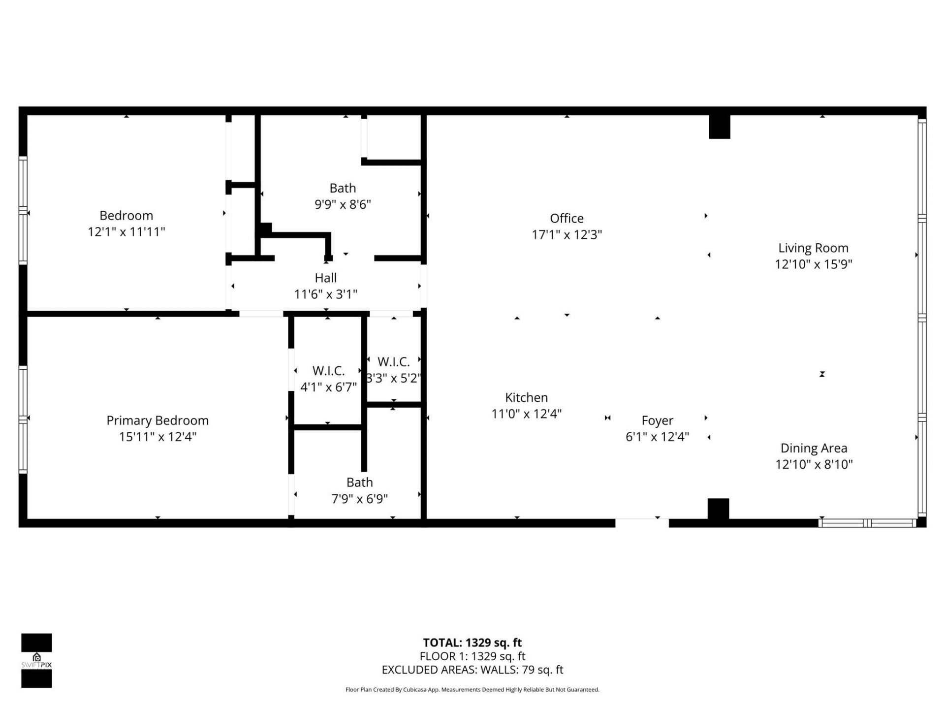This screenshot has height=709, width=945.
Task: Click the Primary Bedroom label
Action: pyautogui.click(x=157, y=420)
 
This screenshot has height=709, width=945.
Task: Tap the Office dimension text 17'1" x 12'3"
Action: pyautogui.click(x=567, y=235)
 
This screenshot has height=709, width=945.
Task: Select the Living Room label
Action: pyautogui.click(x=813, y=248)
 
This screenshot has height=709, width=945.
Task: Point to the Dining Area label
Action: pyautogui.click(x=814, y=448)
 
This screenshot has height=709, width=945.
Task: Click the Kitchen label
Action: pyautogui.click(x=526, y=397)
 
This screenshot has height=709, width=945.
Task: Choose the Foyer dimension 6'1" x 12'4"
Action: pyautogui.click(x=657, y=437)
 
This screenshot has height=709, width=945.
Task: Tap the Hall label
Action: pyautogui.click(x=325, y=278)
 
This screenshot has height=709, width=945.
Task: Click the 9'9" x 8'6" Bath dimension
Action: pyautogui.click(x=343, y=204)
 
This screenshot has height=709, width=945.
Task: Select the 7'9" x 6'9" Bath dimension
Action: pyautogui.click(x=359, y=499)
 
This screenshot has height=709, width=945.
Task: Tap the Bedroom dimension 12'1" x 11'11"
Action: pyautogui.click(x=126, y=232)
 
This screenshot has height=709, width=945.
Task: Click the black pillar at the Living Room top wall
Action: pyautogui.click(x=719, y=127)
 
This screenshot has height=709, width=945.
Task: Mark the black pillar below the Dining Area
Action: pyautogui.click(x=718, y=509)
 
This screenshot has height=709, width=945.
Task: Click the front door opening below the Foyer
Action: pyautogui.click(x=642, y=523)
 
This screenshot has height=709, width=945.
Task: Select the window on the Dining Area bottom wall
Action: pyautogui.click(x=867, y=523)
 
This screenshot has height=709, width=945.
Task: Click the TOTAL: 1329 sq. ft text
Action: pyautogui.click(x=472, y=643)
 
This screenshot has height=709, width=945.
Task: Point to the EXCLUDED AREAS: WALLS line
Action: pyautogui.click(x=472, y=670)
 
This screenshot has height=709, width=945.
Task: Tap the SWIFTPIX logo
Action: pyautogui.click(x=36, y=660)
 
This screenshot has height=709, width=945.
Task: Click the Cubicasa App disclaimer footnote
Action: pyautogui.click(x=472, y=690)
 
